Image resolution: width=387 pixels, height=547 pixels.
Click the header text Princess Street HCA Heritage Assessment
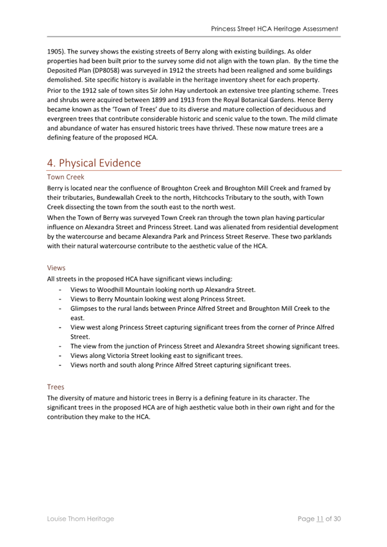[275, 29]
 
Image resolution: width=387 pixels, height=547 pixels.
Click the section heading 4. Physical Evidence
[94, 163]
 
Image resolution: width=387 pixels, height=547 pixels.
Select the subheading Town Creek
[66, 176]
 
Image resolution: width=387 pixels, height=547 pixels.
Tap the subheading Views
[57, 266]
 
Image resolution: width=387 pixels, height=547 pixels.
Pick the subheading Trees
[56, 387]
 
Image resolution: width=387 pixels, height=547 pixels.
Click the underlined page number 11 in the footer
[319, 519]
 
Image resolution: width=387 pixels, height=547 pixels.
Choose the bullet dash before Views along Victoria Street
[60, 355]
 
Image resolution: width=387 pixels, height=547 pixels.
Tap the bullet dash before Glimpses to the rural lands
[60, 309]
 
